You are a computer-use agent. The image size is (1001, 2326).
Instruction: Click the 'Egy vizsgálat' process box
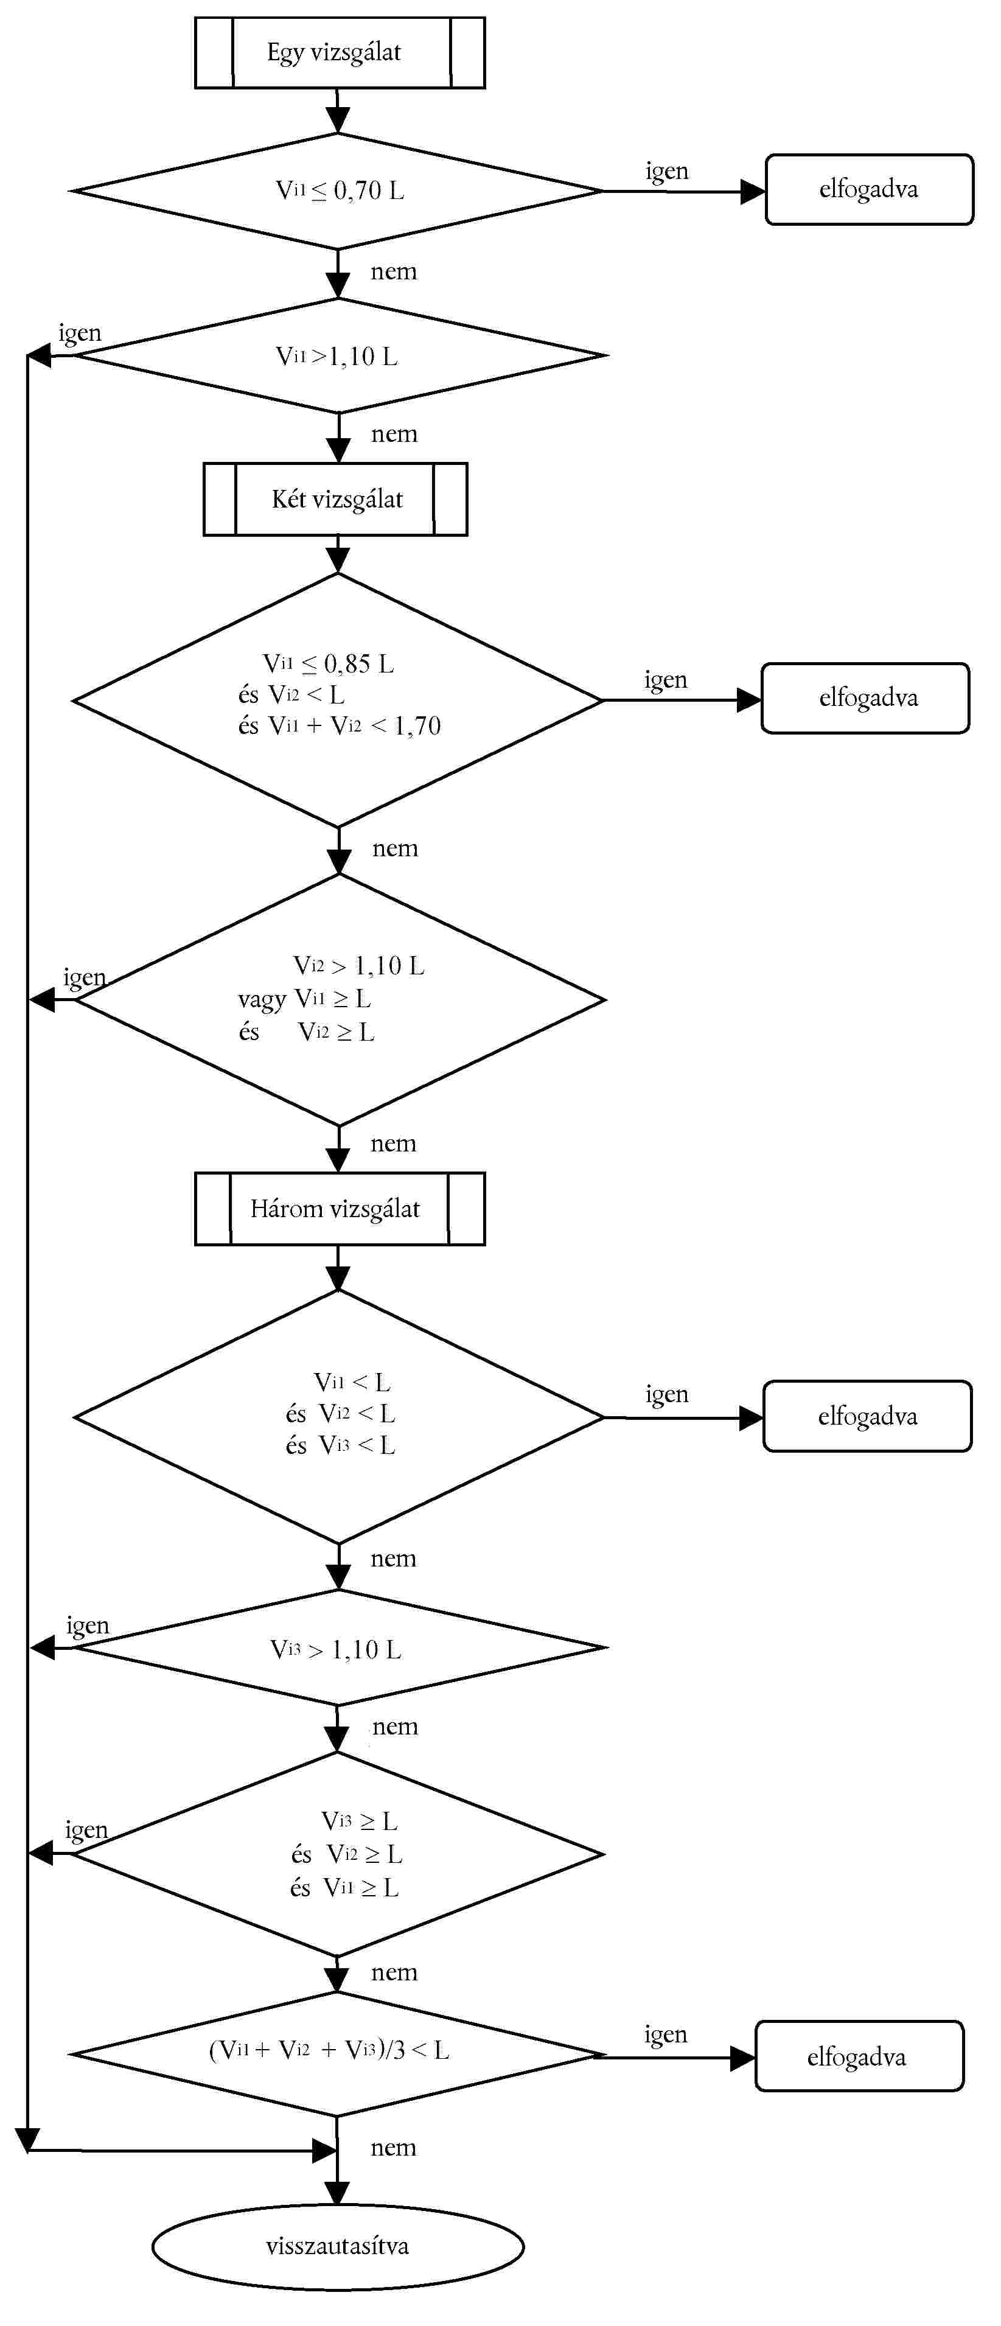point(340,52)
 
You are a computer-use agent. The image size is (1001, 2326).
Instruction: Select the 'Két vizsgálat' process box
point(336,499)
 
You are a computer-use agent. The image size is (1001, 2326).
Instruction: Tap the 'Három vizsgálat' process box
point(340,1209)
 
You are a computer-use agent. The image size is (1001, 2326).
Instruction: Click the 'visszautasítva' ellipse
point(338,2246)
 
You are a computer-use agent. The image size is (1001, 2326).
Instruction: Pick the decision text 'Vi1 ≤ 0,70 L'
point(340,190)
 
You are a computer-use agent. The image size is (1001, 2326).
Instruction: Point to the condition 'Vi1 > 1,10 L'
point(337,357)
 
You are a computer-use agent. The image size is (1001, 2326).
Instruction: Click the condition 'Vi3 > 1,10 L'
point(336,1650)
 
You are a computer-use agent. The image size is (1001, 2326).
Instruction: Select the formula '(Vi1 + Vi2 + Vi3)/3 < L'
point(329,2050)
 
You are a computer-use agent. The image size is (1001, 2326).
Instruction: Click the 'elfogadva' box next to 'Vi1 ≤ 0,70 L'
point(869,190)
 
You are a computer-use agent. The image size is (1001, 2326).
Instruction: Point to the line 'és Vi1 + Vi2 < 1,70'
point(340,726)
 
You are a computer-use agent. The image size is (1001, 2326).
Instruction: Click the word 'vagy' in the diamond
point(262,999)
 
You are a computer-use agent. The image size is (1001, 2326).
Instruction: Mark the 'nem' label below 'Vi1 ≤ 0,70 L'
point(394,272)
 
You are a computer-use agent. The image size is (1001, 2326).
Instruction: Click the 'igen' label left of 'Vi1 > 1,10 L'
point(80,333)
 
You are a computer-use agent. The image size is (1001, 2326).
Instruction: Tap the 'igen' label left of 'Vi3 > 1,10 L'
point(88,1626)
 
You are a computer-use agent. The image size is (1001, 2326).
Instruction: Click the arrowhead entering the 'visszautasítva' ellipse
point(337,2193)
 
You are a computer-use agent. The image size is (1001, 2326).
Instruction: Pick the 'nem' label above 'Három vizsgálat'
point(394,1144)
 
